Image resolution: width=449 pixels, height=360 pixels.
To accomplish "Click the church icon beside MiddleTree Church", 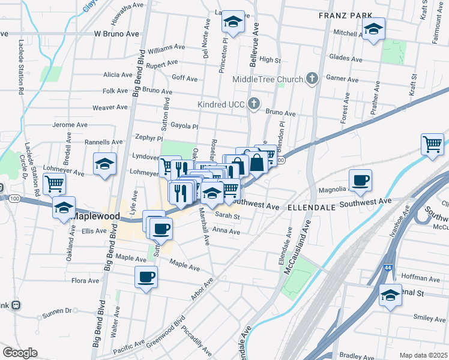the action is (312, 79).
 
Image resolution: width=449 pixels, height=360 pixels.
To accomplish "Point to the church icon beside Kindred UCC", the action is (254, 104).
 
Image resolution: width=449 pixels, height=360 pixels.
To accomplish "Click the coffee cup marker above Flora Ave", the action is (146, 277).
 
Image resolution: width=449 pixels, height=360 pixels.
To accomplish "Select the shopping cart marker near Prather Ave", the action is (432, 144).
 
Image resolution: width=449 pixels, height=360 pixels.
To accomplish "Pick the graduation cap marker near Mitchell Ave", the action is (373, 28).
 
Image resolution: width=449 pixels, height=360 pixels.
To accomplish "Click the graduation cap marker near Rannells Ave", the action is (104, 163).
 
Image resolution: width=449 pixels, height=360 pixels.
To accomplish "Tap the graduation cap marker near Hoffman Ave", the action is (390, 295).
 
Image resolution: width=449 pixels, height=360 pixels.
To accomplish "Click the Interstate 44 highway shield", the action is (388, 274).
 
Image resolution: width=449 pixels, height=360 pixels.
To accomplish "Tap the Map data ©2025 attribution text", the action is (423, 355).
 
